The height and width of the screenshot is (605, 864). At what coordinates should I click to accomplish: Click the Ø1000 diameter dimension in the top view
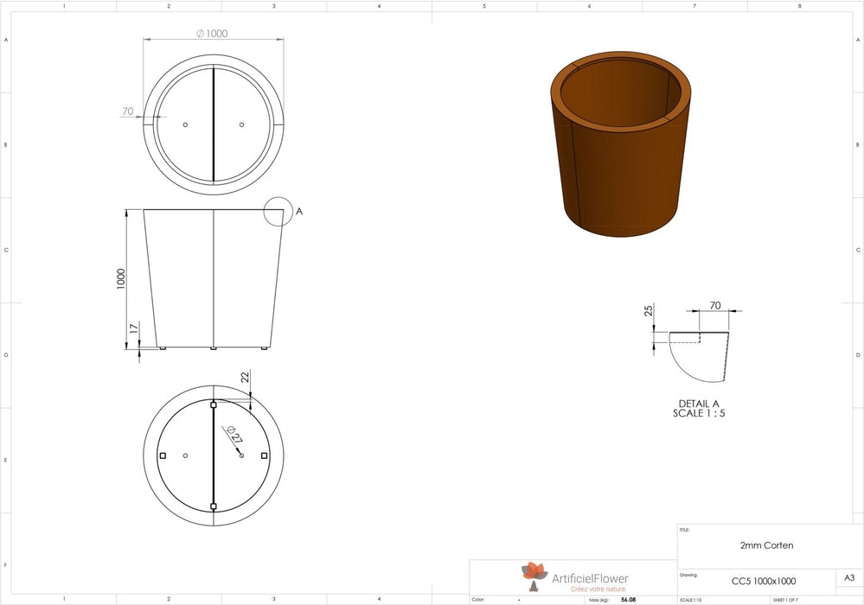point(212,34)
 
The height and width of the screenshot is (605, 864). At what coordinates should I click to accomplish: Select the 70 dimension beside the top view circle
point(127,111)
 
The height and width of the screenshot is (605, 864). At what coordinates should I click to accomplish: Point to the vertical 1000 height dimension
point(121,277)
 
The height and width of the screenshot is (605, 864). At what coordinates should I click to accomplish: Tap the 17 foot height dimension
point(131,328)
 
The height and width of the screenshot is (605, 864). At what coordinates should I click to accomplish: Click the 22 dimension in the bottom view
point(245,377)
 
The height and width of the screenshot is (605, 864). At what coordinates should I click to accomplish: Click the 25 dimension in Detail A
point(649,311)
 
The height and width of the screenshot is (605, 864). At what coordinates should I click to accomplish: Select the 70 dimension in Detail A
point(714,305)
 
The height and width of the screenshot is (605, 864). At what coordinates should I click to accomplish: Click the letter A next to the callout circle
point(299,210)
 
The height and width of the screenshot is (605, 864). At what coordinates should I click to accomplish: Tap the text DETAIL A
point(699,404)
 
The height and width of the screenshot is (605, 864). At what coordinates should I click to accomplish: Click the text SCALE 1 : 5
point(699,413)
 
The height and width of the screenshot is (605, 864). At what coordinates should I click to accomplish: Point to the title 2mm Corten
point(766,545)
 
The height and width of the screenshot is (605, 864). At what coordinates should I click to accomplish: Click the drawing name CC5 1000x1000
point(764,581)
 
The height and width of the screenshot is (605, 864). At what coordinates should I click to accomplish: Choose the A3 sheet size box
point(848,578)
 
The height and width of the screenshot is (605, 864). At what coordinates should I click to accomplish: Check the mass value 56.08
point(628,599)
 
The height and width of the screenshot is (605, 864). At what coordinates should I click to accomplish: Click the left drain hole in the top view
point(185,124)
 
